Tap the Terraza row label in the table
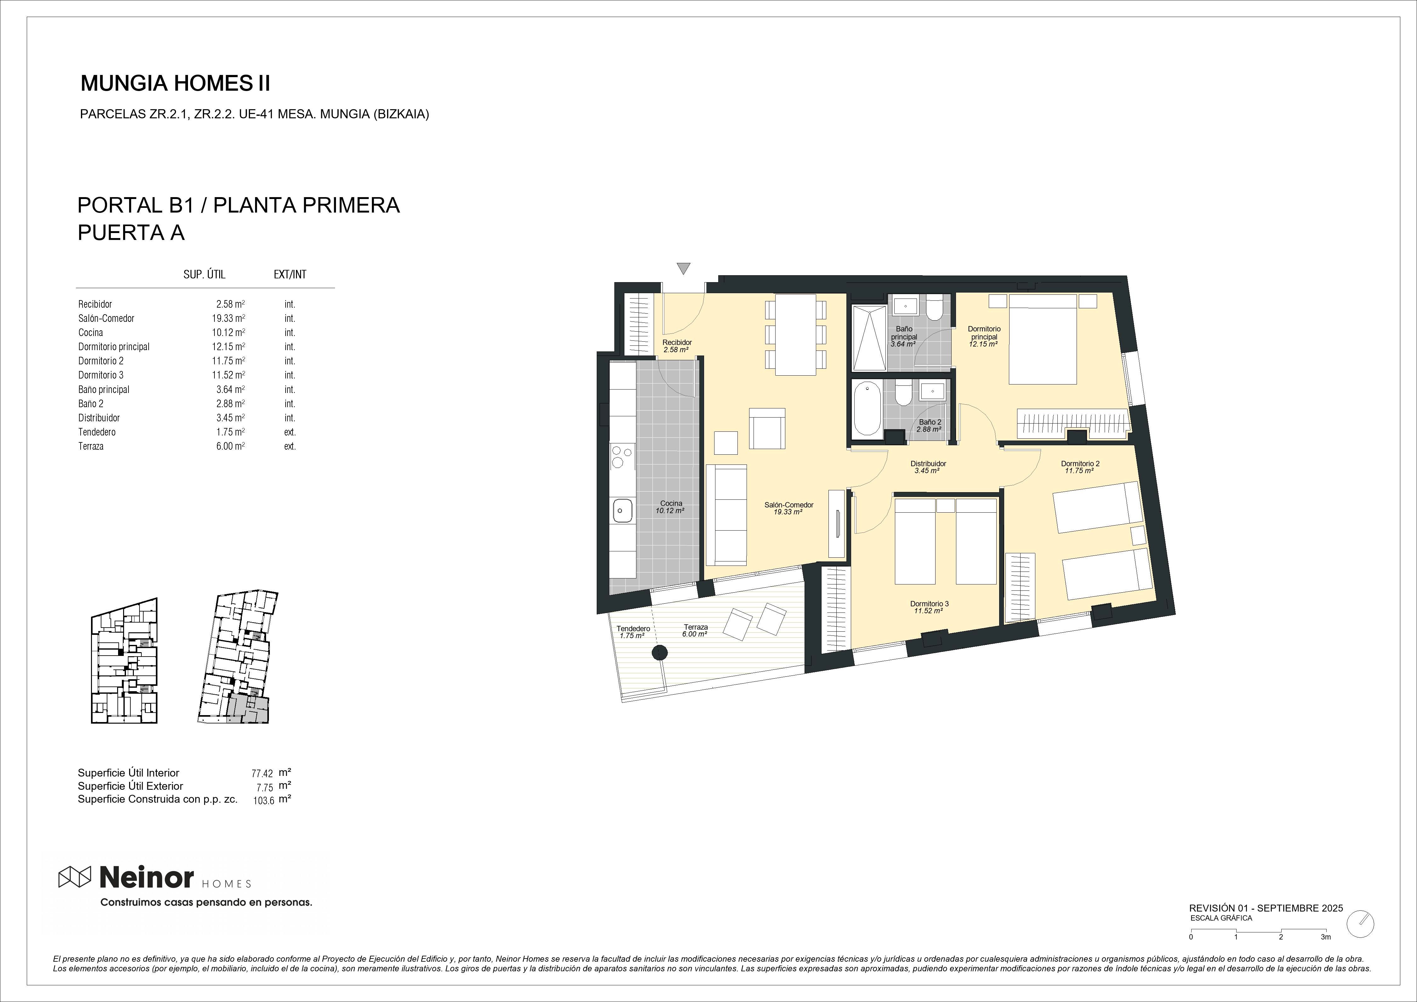click(91, 446)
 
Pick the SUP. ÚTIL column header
click(204, 275)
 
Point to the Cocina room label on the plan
click(671, 504)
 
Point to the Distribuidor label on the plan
click(928, 463)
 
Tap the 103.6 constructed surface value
click(264, 801)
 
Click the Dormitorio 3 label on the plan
click(929, 603)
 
